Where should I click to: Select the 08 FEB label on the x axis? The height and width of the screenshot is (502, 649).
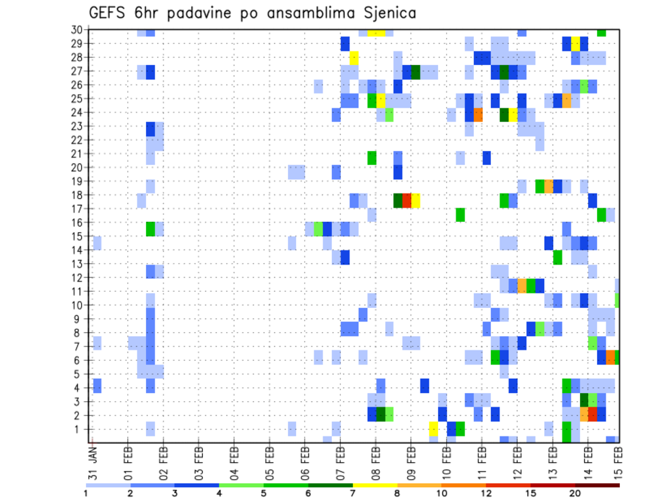pos(376,461)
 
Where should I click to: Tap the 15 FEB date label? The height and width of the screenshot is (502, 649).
pos(619,461)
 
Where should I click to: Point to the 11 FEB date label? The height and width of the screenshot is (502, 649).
pos(482,461)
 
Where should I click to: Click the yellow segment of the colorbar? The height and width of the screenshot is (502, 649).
pos(375,485)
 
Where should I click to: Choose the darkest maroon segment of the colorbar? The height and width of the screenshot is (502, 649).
pos(597,485)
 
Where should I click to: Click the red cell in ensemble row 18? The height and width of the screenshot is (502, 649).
pos(407,200)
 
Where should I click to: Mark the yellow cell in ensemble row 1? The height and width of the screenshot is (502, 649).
pos(433,429)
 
